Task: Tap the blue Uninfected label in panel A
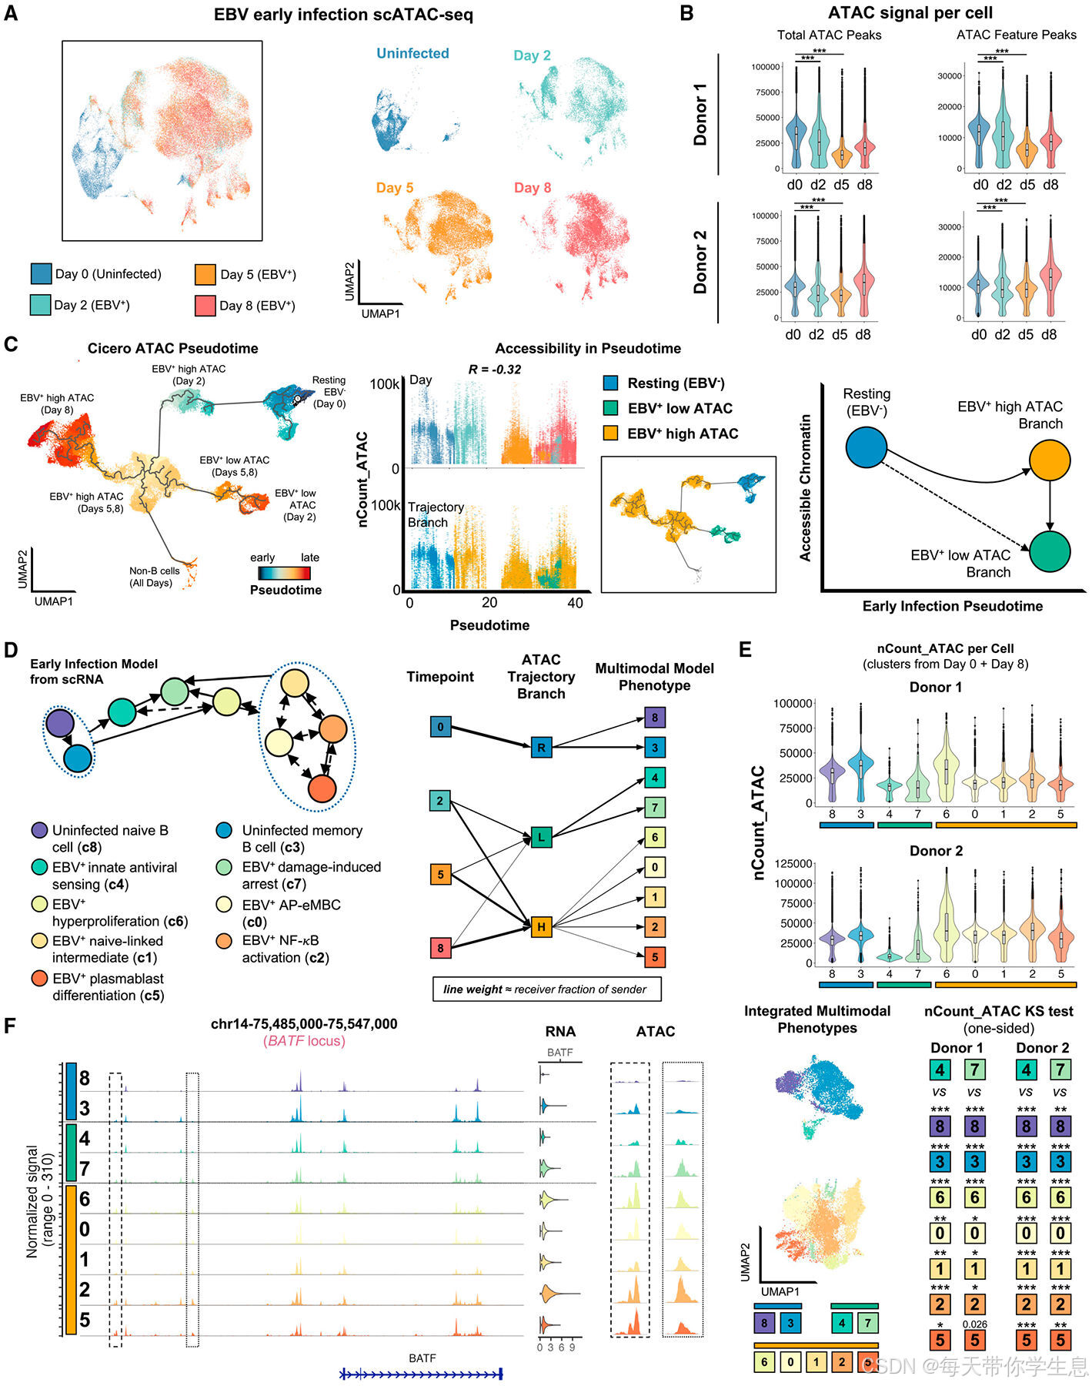412,54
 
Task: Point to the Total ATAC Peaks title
829,35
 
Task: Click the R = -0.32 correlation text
495,370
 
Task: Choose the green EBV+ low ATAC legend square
611,408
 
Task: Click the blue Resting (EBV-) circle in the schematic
867,447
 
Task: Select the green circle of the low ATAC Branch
1050,551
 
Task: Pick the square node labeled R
542,747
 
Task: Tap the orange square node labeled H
542,927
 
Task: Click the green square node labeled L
542,837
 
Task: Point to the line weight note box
546,989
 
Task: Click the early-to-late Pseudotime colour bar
284,573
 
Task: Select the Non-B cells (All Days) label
155,577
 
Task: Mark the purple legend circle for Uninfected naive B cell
39,831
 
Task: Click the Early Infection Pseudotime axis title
953,607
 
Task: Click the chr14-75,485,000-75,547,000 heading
304,1024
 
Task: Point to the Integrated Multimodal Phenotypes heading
817,1019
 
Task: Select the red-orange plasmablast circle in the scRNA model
322,788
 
